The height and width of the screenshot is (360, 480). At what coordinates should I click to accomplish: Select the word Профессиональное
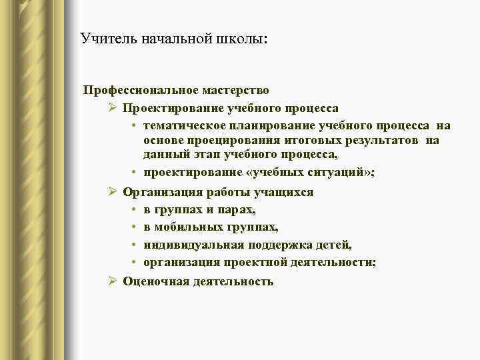coord(128,89)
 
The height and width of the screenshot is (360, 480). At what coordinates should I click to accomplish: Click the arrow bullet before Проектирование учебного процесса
coord(113,107)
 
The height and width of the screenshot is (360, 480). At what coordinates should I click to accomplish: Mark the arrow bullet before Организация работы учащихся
coord(113,192)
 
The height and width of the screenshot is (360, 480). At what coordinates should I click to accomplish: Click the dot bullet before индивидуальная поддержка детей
coord(134,245)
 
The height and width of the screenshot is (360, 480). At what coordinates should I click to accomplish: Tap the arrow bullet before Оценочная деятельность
coord(113,281)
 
